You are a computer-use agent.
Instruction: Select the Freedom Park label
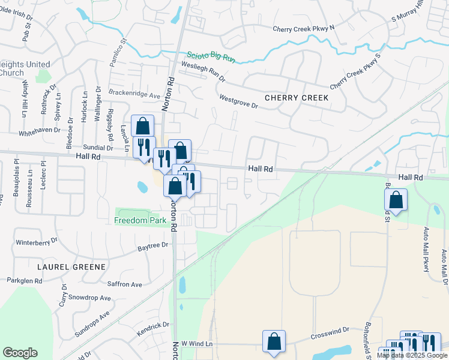coord(140,221)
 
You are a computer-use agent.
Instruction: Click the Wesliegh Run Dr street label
coord(203,70)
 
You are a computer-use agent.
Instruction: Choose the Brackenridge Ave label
coord(134,94)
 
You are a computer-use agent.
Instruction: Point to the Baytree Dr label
coord(153,247)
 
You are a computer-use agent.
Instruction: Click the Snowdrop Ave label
coord(89,298)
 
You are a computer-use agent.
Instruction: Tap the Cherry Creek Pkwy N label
coord(303,28)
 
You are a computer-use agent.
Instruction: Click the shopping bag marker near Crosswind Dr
coord(274,341)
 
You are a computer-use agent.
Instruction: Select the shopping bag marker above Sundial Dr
coord(142,127)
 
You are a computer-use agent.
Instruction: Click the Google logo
coord(20,353)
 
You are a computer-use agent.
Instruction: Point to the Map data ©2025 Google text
coord(412,355)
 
